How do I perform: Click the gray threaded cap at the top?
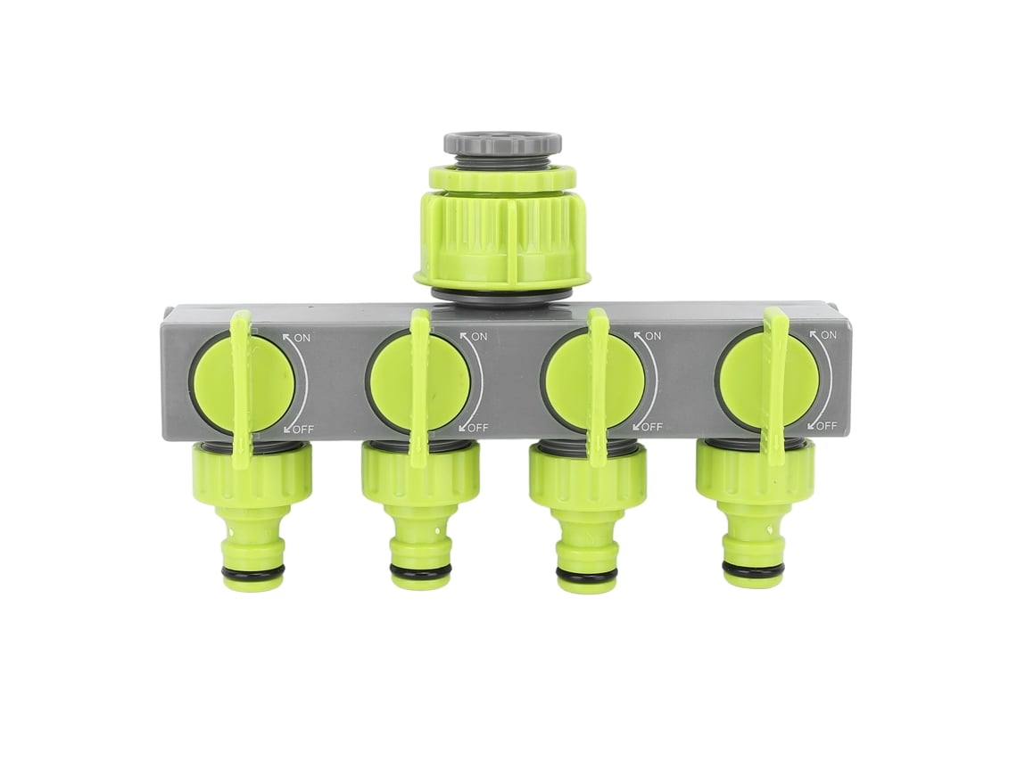click(502, 143)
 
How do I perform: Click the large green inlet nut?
click(502, 226)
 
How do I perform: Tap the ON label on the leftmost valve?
click(302, 337)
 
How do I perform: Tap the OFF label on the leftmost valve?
click(303, 430)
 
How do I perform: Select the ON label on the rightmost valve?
click(828, 335)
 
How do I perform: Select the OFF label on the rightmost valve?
click(826, 426)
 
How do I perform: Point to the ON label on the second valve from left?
click(479, 336)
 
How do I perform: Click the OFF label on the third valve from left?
click(651, 427)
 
